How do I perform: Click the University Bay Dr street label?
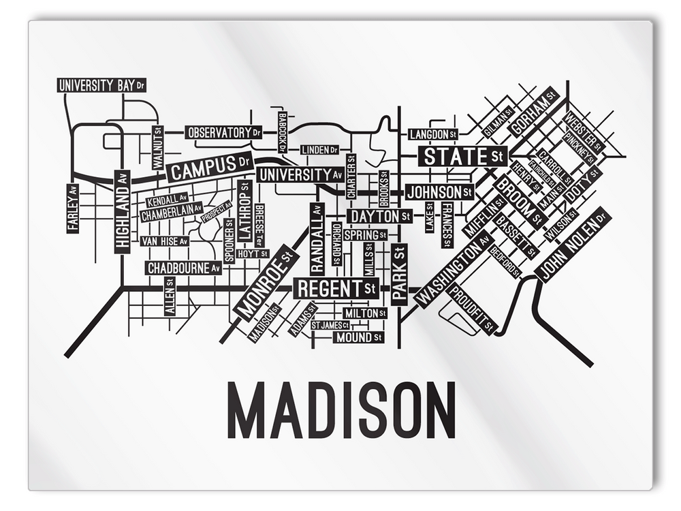pyautogui.click(x=101, y=86)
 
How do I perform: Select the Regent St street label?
pyautogui.click(x=336, y=288)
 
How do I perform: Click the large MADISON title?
pyautogui.click(x=340, y=412)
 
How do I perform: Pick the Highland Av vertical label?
pyautogui.click(x=122, y=211)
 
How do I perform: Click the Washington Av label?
pyautogui.click(x=453, y=268)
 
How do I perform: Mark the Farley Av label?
pyautogui.click(x=73, y=208)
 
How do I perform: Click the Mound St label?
pyautogui.click(x=360, y=337)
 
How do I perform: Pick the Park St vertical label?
pyautogui.click(x=399, y=274)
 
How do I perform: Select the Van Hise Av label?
pyautogui.click(x=163, y=241)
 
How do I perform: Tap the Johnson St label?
pyautogui.click(x=439, y=192)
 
